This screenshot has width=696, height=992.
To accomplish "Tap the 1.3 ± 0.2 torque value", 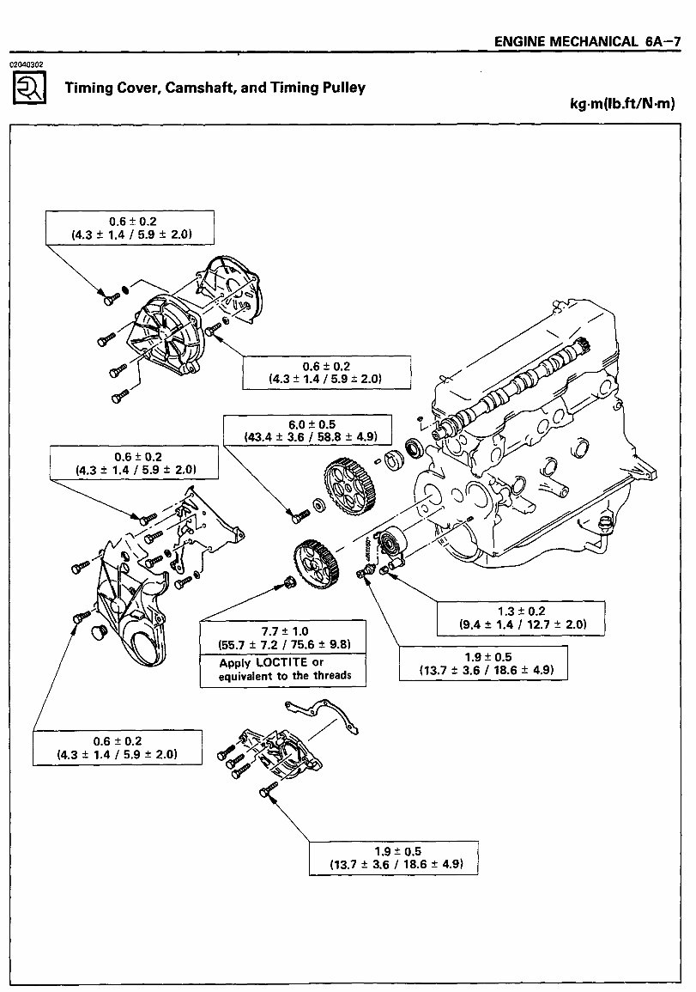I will tap(510, 611).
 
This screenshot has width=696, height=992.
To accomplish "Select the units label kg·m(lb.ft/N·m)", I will tap(623, 104).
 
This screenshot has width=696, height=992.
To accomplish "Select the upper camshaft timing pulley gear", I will tap(352, 488).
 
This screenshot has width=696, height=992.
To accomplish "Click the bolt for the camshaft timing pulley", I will tap(298, 516).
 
